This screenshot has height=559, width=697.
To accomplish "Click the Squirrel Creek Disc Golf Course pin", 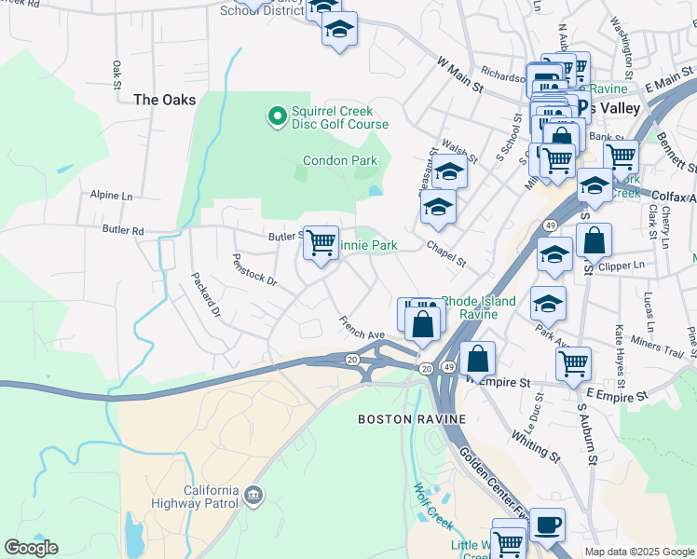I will tap(276, 116).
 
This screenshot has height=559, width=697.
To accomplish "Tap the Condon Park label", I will tap(340, 160).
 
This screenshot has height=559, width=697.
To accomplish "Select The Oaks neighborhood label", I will tap(164, 100).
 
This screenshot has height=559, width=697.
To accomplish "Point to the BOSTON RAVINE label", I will tap(412, 419).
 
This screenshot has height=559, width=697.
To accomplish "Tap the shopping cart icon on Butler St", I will tap(321, 244).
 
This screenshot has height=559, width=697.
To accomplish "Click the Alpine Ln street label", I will tap(112, 196).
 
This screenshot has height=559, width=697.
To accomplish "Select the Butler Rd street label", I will tap(124, 230).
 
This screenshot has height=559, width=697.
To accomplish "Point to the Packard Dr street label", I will tap(205, 294).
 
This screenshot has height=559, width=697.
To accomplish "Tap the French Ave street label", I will tap(362, 327).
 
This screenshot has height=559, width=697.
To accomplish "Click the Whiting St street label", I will tap(535, 446).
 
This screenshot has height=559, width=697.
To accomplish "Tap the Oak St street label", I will tap(117, 70).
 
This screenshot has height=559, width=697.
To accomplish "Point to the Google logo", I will tap(31, 548).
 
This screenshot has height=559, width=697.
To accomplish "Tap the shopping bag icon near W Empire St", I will tap(477, 359).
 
